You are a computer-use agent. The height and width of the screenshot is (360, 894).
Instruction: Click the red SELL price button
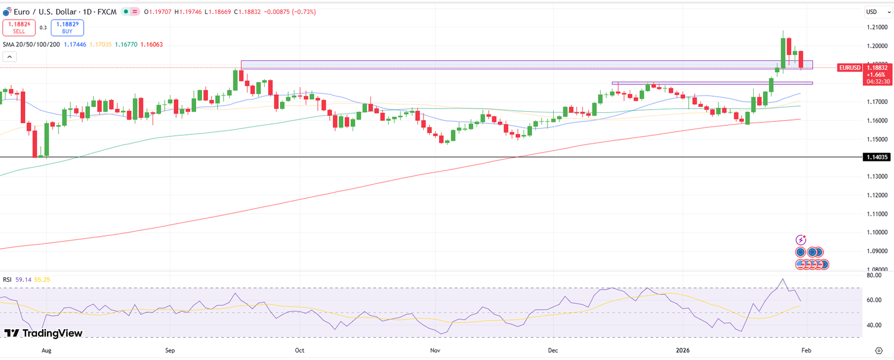(19, 28)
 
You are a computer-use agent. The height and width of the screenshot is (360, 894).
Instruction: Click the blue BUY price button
(67, 28)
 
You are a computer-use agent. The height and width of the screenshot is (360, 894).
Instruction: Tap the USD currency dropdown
(875, 12)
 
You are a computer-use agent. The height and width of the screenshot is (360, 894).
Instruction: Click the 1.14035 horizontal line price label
(876, 157)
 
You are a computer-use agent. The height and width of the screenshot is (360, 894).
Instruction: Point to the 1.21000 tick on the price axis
(877, 27)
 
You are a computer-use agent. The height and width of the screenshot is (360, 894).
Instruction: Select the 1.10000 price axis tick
(877, 233)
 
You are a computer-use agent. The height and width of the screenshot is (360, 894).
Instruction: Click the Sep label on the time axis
(170, 350)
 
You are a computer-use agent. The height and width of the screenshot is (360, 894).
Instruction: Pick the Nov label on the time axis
(435, 350)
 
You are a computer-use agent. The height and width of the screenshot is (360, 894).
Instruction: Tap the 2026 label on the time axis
(683, 350)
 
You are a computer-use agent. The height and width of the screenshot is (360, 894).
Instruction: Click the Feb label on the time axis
(806, 350)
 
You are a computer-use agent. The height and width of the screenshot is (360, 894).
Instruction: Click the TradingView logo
(44, 333)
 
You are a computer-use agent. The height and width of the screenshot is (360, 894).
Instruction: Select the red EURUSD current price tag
(850, 68)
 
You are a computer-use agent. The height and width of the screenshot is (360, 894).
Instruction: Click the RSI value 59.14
(23, 280)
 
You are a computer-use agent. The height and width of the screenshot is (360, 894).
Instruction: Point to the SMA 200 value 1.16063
(151, 44)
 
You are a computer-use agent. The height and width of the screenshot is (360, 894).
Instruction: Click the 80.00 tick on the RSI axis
(874, 275)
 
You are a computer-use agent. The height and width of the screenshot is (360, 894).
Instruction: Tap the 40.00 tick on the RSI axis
(874, 325)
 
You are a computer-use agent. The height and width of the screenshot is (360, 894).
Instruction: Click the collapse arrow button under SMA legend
(9, 56)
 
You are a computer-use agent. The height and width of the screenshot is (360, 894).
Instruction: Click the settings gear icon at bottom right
(878, 350)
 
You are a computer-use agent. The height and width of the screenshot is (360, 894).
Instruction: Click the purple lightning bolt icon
(801, 240)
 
